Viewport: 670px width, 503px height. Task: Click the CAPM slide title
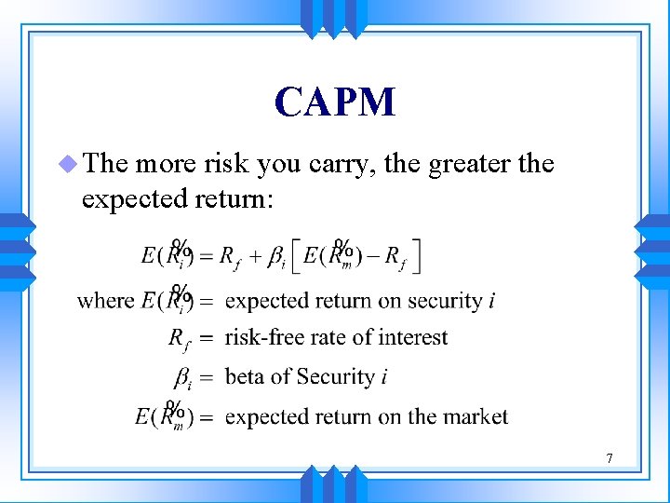coord(335,102)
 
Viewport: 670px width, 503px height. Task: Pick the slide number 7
coord(609,457)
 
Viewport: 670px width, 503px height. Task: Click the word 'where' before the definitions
coord(105,301)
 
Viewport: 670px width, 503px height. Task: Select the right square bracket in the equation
coord(416,255)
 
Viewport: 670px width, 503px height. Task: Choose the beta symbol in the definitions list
coord(183,377)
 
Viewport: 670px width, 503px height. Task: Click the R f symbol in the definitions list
coord(179,338)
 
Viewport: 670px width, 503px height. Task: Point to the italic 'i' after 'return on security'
coord(491,301)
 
